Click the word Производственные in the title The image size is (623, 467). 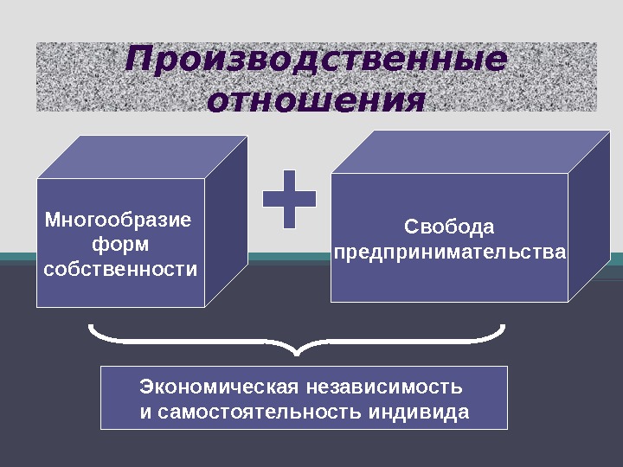pos(316,61)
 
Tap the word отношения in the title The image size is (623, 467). pos(317,99)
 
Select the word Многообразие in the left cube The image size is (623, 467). pos(119,220)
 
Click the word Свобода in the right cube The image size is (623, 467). pos(449,227)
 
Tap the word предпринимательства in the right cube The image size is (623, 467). pos(450,253)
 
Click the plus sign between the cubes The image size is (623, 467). pos(289,200)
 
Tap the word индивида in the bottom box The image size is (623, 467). pos(419,411)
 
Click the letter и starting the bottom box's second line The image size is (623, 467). pos(145,412)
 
